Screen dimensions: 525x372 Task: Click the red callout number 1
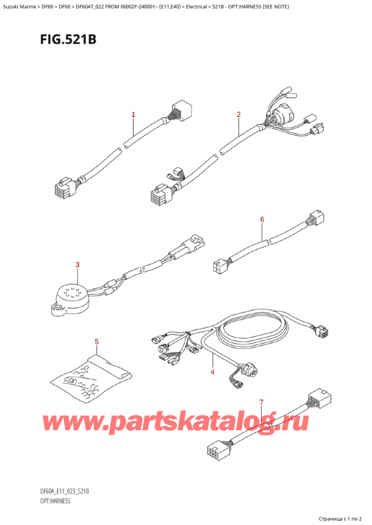tap(133, 115)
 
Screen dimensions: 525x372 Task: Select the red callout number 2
tap(239, 115)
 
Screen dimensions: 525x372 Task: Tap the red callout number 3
tap(77, 266)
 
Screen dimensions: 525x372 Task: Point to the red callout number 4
tap(212, 372)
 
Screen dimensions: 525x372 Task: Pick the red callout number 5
tap(97, 342)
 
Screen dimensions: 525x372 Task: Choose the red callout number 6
tap(262, 220)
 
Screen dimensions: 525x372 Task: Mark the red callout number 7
tap(262, 402)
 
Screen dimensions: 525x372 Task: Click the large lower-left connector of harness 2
tap(160, 197)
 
